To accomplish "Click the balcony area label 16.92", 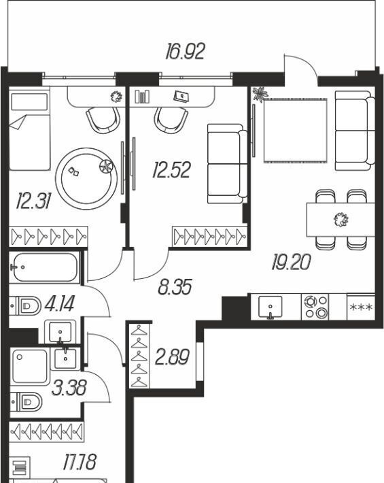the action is (185, 52).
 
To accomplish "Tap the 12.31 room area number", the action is (33, 201).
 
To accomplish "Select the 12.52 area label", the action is (172, 169).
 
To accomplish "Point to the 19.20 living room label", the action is (291, 262).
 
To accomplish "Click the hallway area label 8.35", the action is (175, 287).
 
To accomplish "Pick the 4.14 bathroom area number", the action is (59, 304).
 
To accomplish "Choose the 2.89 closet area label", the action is (173, 357).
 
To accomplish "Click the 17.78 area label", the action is (80, 462).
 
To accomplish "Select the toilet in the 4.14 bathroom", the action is (25, 306).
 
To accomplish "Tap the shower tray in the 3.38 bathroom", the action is (30, 367).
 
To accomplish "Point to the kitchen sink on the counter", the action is (270, 307).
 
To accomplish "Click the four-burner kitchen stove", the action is (315, 307).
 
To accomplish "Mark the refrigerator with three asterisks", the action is (361, 307).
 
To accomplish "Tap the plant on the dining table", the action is (341, 220).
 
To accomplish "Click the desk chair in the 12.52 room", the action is (171, 120).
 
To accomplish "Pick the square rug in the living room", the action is (295, 131).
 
